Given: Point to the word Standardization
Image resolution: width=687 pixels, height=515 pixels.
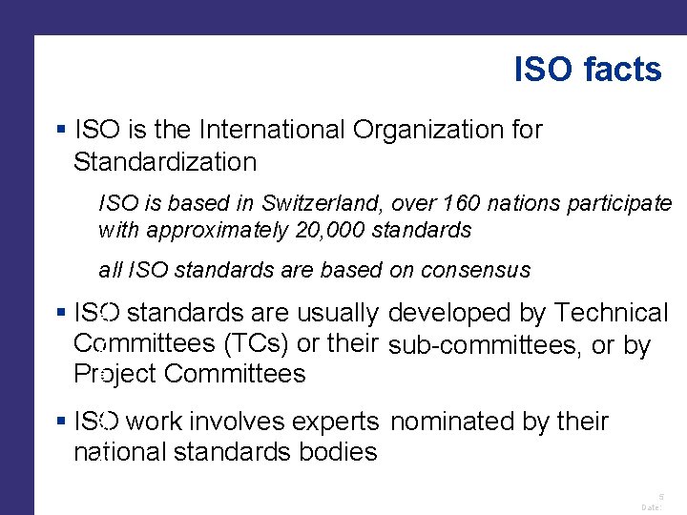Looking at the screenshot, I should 165,162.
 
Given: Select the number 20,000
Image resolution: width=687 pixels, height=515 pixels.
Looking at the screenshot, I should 329,230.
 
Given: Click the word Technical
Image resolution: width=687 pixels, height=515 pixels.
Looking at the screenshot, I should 612,313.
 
